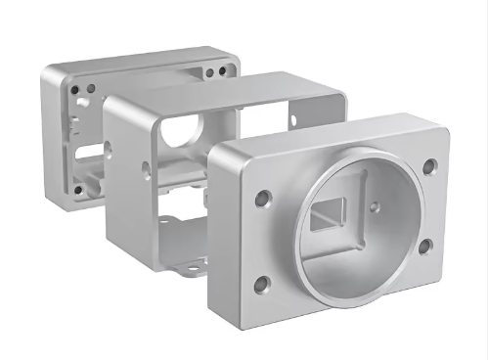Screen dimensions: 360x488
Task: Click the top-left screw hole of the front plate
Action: [x=261, y=200]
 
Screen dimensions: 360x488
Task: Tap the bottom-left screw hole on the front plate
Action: [x=261, y=285]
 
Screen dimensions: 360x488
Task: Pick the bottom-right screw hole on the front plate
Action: [x=425, y=247]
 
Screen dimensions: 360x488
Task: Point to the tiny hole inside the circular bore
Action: [x=376, y=205]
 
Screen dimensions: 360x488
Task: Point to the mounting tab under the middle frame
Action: [x=186, y=261]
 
